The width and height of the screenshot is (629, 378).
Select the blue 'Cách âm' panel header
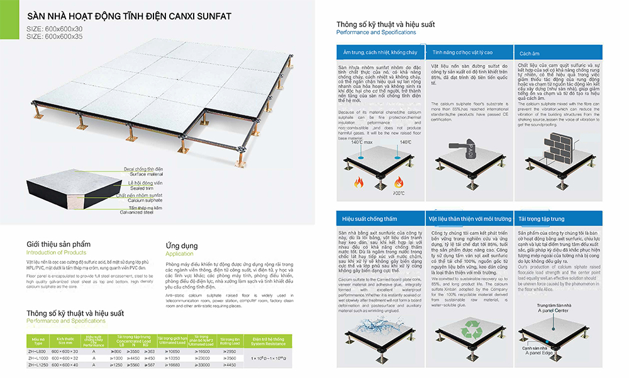click(x=530, y=54)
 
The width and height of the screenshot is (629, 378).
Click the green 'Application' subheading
click(x=179, y=253)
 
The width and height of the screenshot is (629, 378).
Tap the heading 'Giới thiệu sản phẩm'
click(x=58, y=244)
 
